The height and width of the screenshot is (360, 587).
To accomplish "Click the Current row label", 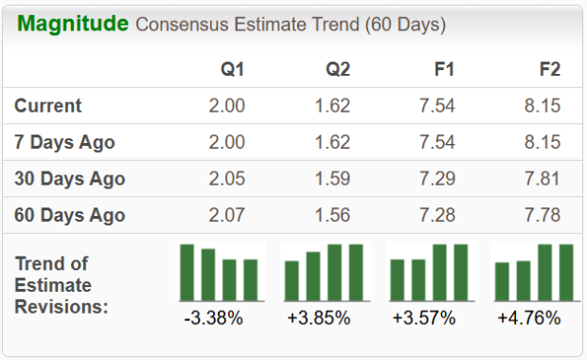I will pyautogui.click(x=48, y=106).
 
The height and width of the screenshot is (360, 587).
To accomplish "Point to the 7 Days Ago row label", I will pyautogui.click(x=65, y=142).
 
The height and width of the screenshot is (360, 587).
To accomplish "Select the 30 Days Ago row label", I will pyautogui.click(x=70, y=178).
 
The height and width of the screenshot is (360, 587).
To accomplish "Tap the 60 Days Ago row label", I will pyautogui.click(x=70, y=214).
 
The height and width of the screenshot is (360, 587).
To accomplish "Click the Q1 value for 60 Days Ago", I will pyautogui.click(x=227, y=214).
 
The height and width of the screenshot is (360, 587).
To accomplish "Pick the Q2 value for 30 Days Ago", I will pyautogui.click(x=332, y=178).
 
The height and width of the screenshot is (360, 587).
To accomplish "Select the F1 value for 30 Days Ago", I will pyautogui.click(x=437, y=178).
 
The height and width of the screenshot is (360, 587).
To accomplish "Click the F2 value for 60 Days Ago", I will pyautogui.click(x=543, y=214).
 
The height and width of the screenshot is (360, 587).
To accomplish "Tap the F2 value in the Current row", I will pyautogui.click(x=543, y=106).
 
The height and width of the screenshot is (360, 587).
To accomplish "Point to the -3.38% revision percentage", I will pyautogui.click(x=213, y=318).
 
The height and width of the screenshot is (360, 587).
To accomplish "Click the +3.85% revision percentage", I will pyautogui.click(x=319, y=318).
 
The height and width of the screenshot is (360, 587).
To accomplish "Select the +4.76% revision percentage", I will pyautogui.click(x=529, y=318).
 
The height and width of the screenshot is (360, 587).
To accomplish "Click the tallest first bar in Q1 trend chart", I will pyautogui.click(x=187, y=272).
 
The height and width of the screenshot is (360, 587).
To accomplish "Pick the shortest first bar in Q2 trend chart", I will pyautogui.click(x=293, y=279).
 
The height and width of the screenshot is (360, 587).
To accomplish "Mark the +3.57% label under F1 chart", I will pyautogui.click(x=424, y=318).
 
